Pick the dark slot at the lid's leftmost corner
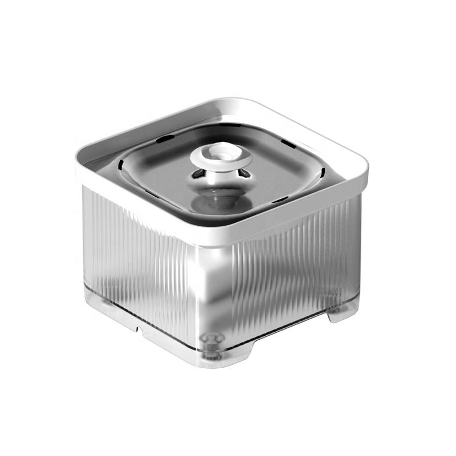point(121,166)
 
